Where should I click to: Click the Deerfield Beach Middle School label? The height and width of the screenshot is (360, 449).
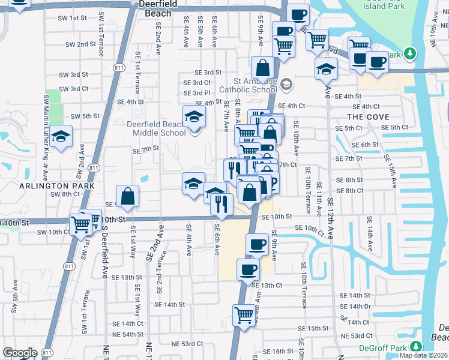(155, 128)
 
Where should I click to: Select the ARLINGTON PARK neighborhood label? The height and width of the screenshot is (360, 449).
(49, 186)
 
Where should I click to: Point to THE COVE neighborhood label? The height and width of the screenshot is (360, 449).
(368, 117)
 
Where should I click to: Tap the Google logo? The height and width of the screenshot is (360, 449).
(20, 353)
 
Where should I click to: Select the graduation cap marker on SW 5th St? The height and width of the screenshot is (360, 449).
(61, 137)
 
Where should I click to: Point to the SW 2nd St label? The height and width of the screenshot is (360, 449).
(81, 44)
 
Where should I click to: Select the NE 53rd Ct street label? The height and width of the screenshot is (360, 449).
(184, 344)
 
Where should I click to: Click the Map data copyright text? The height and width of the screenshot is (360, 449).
(424, 355)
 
